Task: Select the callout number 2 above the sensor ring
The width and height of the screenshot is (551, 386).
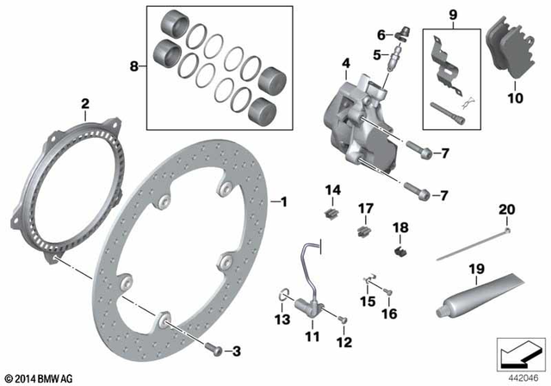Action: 85,105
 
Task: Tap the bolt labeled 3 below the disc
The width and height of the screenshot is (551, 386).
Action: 214,350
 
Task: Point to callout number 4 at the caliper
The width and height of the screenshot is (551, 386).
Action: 345,63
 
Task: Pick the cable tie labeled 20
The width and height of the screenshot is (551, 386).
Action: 472,245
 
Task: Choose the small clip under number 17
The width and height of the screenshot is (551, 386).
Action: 363,229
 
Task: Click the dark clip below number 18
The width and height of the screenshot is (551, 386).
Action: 399,251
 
